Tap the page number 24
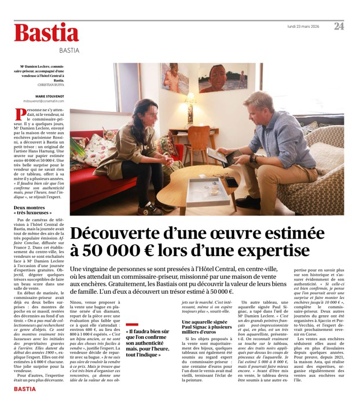click(x=339, y=26)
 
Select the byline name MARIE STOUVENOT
click(x=49, y=96)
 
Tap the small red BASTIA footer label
click(x=24, y=389)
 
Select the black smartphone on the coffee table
click(x=231, y=181)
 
